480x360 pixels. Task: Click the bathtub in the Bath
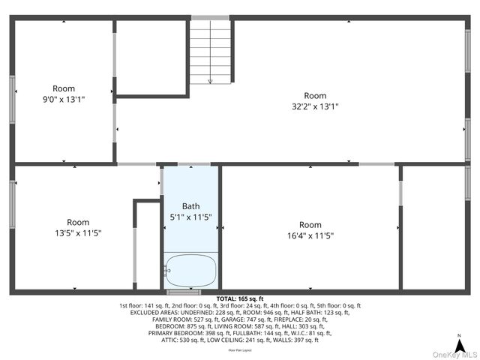[190, 270]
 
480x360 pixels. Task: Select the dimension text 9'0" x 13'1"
[64, 98]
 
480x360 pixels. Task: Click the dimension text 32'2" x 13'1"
[315, 106]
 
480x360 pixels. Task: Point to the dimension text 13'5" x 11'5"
[78, 233]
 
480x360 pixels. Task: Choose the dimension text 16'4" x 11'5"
[310, 235]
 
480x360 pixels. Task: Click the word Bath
[191, 206]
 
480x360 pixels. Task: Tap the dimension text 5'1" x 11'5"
[191, 217]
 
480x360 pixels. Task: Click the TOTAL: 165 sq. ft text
[240, 298]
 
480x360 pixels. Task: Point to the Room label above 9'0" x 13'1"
[64, 88]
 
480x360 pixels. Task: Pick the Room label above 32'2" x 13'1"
[315, 95]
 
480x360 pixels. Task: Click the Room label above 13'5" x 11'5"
[78, 222]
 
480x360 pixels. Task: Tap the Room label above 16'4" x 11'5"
[310, 225]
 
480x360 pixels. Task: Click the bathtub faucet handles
[166, 271]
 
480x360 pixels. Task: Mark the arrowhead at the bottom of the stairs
[211, 81]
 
